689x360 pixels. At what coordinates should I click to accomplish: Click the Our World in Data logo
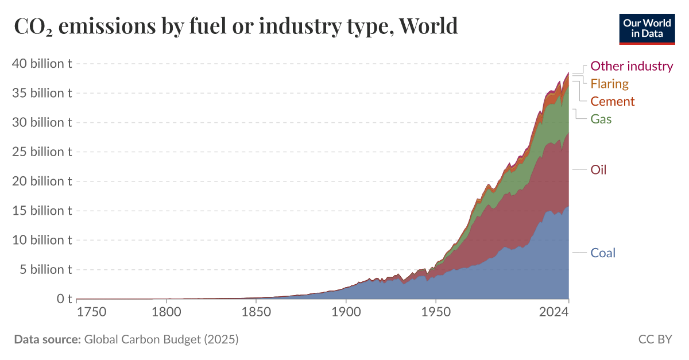coord(647,27)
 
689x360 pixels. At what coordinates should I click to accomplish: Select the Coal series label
coord(603,253)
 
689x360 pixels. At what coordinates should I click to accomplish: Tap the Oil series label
coord(598,170)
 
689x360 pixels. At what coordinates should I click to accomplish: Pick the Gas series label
coord(601,119)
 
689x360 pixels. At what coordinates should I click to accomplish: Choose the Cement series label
coord(613,102)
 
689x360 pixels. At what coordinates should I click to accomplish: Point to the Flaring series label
coord(610,84)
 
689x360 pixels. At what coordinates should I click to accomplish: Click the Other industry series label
coord(632,66)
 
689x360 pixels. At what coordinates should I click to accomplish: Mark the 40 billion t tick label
coord(41,64)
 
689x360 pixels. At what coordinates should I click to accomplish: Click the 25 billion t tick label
coord(41,152)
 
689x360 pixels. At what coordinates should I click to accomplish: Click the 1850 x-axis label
coord(256,313)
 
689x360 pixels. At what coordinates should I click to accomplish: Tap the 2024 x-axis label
coord(554,313)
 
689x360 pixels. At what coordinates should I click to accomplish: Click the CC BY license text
coord(655,339)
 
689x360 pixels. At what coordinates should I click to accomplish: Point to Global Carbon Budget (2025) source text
coord(161,339)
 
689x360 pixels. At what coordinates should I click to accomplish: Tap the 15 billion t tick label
coord(41,211)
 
